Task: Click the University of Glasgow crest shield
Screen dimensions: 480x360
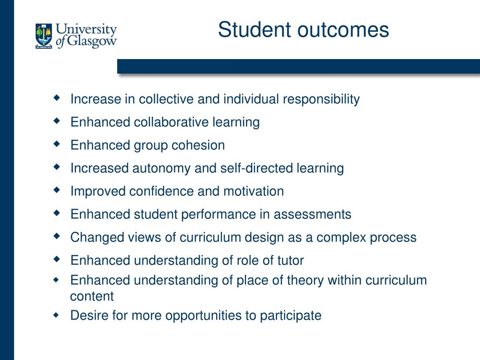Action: [x=44, y=36]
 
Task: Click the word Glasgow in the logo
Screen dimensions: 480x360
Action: [x=91, y=41]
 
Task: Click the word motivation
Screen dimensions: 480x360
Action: [x=254, y=191]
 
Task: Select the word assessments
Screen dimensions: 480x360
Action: [x=312, y=214]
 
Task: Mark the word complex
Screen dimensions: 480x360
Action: [x=341, y=238]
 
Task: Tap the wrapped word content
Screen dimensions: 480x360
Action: [x=92, y=296]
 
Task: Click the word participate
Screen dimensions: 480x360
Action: [x=291, y=316]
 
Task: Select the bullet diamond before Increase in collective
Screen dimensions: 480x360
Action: [x=57, y=98]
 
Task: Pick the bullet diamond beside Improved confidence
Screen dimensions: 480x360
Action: [x=57, y=190]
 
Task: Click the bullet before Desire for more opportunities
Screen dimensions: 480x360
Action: [x=56, y=315]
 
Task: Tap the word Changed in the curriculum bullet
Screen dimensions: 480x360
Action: [x=97, y=238]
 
